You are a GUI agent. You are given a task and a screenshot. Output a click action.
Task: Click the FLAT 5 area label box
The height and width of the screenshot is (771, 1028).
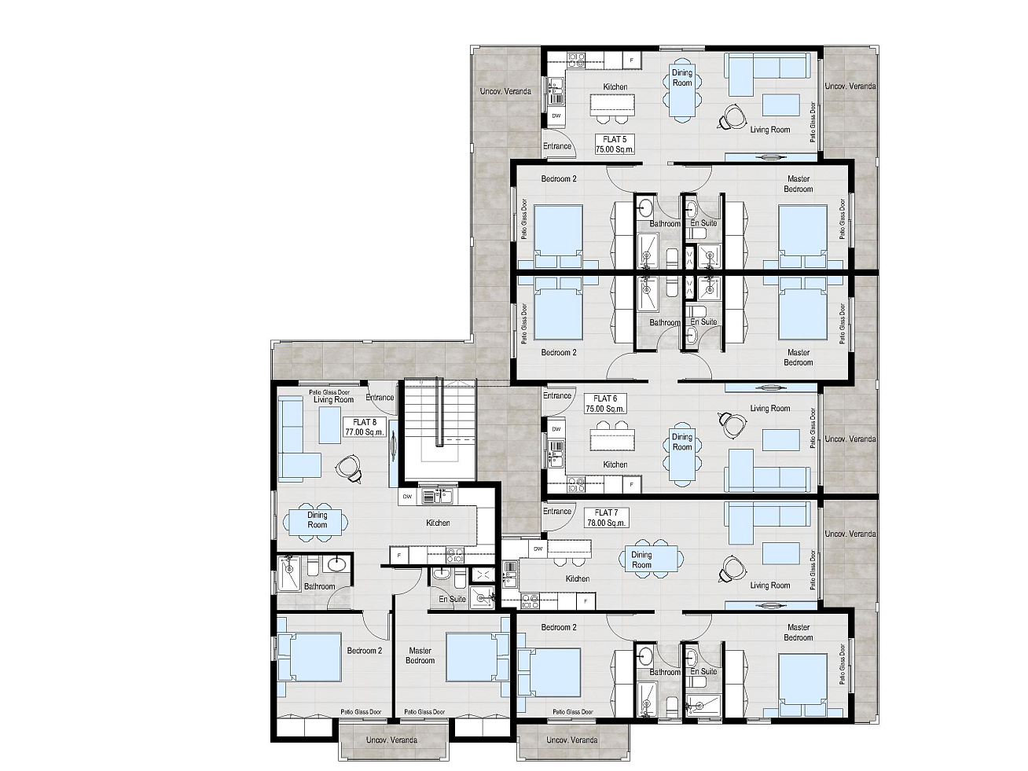tap(615, 144)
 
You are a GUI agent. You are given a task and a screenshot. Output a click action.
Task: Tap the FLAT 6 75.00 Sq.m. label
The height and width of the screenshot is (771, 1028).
tap(605, 403)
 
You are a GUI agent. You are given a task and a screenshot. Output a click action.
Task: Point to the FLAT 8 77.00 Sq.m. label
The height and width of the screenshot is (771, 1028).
tap(365, 428)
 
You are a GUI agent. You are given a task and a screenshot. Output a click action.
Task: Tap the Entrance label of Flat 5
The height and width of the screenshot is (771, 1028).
tap(557, 146)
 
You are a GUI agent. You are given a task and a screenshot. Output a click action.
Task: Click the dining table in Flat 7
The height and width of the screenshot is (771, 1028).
tap(651, 559)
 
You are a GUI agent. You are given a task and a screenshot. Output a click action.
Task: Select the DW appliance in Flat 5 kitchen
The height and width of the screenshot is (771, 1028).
tap(556, 116)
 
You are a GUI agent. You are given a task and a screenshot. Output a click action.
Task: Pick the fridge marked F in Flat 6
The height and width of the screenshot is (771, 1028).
tap(632, 484)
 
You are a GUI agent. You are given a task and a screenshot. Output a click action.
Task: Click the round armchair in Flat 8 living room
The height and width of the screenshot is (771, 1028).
tap(349, 468)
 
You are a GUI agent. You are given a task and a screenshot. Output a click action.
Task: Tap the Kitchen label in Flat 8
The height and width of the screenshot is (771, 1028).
tap(438, 523)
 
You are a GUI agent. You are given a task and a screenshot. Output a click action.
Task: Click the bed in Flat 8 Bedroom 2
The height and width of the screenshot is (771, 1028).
tap(310, 657)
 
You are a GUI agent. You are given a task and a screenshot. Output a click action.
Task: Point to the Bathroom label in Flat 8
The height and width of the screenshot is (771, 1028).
tap(319, 586)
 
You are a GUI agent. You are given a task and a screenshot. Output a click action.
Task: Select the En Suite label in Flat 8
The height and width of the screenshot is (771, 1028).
tap(453, 599)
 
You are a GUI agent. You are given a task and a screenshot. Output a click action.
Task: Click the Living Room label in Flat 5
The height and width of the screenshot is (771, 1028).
tap(770, 130)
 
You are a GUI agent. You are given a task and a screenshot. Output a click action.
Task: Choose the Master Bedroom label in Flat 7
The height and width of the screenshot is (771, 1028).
tap(799, 632)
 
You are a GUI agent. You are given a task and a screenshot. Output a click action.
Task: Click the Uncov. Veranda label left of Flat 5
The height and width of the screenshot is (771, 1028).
tap(505, 91)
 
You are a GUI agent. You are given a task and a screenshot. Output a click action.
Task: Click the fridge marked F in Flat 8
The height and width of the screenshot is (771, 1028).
tap(399, 556)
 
